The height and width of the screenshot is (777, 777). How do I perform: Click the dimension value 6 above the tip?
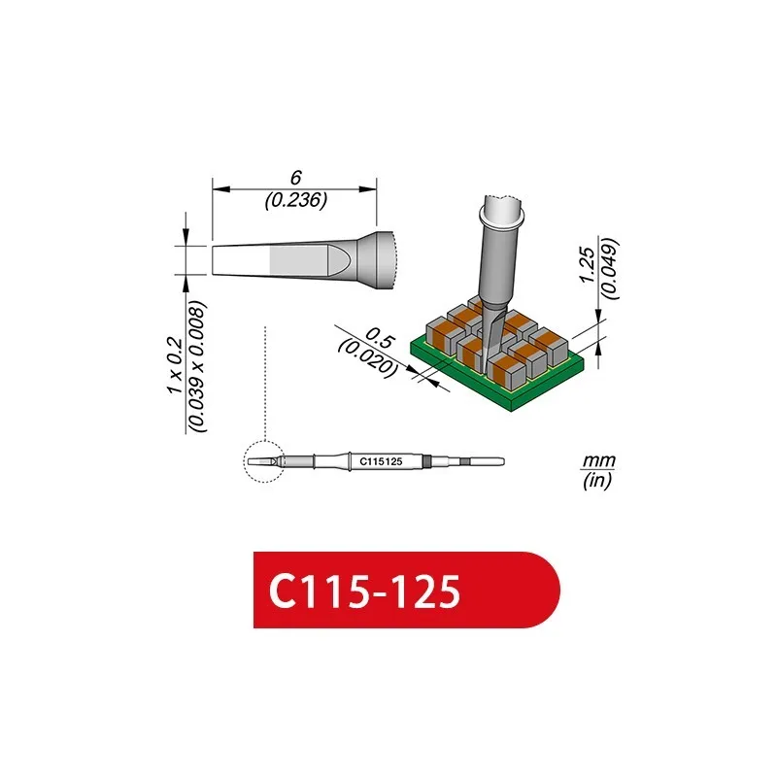(296, 178)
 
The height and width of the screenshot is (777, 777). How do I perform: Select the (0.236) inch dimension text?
(296, 200)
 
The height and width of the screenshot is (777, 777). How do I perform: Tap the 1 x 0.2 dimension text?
(175, 365)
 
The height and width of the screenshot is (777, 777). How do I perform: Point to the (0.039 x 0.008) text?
(197, 366)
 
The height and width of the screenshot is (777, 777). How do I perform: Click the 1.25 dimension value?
(588, 265)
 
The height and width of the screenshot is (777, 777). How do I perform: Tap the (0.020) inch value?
(367, 358)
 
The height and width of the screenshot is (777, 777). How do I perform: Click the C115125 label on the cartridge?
(381, 462)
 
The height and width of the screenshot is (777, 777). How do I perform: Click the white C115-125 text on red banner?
(365, 591)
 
